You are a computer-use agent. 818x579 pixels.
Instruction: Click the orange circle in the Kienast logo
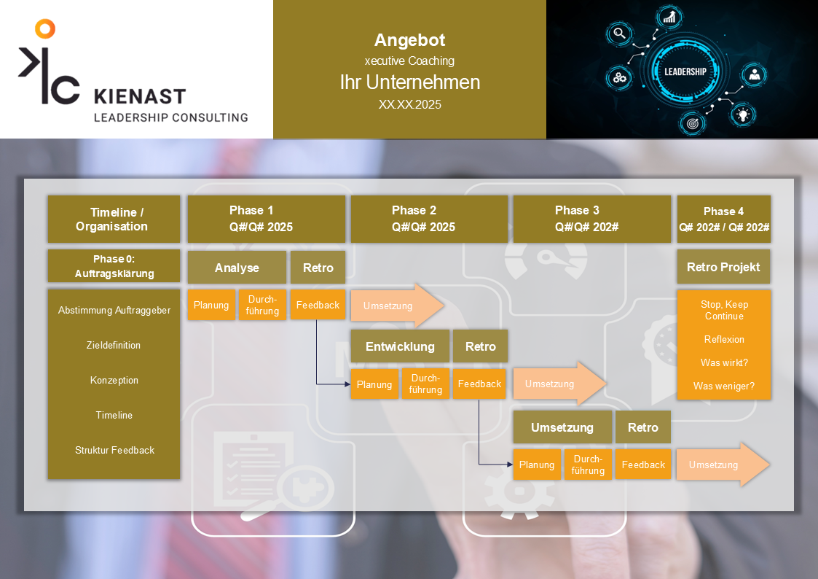(x=44, y=28)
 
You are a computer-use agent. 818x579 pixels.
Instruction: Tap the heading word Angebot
(x=409, y=40)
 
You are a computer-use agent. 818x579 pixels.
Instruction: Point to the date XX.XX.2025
(x=409, y=104)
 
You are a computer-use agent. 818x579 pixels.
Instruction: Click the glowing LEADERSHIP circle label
(x=685, y=71)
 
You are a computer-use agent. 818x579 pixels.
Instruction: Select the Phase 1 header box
(x=266, y=219)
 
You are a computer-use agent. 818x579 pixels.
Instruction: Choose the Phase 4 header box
(x=723, y=219)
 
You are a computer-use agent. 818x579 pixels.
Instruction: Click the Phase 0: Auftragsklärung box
(x=114, y=266)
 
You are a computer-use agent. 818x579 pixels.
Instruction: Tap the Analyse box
(x=237, y=268)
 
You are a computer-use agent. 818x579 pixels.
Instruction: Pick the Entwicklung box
(x=399, y=346)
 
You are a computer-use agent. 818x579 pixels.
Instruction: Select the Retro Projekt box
(x=723, y=267)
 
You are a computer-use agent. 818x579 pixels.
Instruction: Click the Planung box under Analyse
(x=211, y=305)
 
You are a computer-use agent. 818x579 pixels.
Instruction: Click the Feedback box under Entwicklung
(x=479, y=384)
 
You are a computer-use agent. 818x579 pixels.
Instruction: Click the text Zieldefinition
(x=114, y=345)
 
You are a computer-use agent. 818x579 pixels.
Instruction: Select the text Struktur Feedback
(x=114, y=450)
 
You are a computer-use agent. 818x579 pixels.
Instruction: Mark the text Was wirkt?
(x=723, y=362)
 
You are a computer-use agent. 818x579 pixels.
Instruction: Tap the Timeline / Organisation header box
(x=114, y=219)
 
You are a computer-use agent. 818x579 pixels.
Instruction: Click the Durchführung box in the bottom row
(x=588, y=465)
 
